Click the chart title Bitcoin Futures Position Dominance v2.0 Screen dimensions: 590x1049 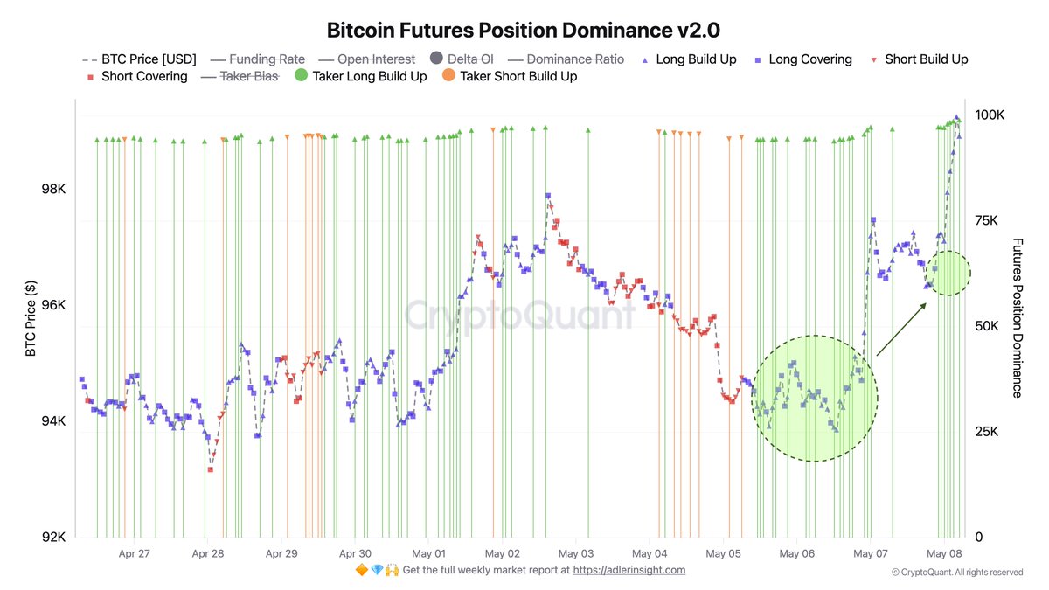523,30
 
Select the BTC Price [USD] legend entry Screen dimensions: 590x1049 139,59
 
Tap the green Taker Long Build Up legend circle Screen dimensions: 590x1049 300,76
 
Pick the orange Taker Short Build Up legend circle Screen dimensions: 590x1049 448,76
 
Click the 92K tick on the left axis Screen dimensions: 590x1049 53,537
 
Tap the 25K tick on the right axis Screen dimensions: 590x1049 987,432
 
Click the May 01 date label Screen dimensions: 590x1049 428,553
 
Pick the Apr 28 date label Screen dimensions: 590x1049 207,553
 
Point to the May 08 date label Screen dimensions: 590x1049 944,553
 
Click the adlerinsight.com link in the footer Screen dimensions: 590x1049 630,570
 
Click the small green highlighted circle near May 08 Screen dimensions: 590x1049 948,273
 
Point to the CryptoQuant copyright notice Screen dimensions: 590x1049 956,573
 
